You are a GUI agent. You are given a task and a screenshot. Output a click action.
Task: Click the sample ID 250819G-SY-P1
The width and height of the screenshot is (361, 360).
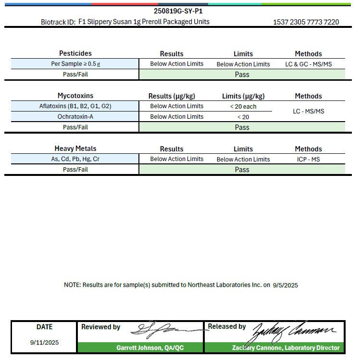[178, 11]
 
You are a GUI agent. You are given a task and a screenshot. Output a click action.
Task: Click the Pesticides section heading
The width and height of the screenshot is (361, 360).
[75, 53]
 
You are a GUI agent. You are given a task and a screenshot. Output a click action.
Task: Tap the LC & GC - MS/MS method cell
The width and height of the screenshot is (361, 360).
[308, 64]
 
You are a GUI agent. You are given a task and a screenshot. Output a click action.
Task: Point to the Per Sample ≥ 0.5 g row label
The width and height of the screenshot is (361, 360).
[75, 64]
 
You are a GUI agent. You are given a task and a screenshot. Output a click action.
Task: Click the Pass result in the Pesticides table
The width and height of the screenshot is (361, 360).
[242, 74]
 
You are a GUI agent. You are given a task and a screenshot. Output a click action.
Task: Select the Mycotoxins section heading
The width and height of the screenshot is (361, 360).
[75, 96]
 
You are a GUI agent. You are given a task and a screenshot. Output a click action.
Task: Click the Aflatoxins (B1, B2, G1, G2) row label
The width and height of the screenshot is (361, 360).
[75, 106]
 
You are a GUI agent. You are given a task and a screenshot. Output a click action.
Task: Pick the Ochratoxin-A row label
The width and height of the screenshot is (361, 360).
[75, 117]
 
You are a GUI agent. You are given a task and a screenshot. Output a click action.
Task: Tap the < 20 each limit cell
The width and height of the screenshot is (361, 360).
[243, 106]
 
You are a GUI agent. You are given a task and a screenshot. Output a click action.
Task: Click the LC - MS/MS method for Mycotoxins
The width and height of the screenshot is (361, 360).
[308, 112]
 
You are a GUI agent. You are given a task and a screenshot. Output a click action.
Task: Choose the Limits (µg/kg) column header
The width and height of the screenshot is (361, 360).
[243, 96]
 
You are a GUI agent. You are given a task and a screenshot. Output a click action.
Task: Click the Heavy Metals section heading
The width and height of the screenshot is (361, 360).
[75, 149]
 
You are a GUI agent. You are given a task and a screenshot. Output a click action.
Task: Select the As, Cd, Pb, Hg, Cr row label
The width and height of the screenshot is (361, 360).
[75, 159]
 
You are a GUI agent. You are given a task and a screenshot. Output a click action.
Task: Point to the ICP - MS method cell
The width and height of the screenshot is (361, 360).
[308, 159]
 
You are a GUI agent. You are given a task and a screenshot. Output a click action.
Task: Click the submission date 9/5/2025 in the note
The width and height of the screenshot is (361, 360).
[285, 285]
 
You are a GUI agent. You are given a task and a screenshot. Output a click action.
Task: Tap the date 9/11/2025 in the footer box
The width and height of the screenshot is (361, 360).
[44, 343]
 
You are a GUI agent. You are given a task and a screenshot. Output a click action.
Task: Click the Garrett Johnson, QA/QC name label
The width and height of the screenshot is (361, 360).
[150, 348]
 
